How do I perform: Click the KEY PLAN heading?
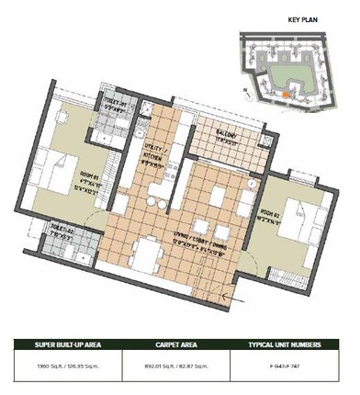click(x=302, y=18)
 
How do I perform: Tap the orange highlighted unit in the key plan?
click(x=287, y=93)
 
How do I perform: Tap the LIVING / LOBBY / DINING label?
click(x=207, y=244)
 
